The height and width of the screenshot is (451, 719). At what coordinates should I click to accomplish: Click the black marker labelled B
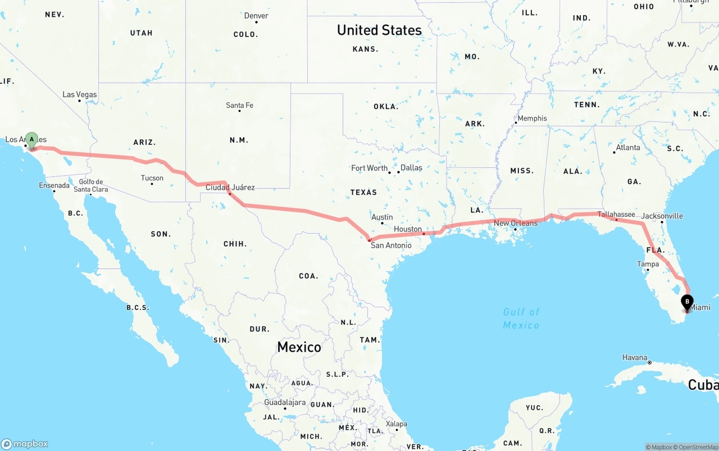click(x=686, y=302)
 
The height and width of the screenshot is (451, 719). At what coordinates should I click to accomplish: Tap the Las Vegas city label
click(x=79, y=94)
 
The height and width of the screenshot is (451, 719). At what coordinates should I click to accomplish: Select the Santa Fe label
click(x=239, y=105)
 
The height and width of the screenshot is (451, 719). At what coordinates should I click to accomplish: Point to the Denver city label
click(x=256, y=16)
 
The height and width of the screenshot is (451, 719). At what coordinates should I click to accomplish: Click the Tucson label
click(x=152, y=178)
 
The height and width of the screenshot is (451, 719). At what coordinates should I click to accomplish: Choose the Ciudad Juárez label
click(x=230, y=187)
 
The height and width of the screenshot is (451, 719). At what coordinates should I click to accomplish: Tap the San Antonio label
click(x=390, y=245)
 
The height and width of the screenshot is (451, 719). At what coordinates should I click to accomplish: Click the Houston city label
click(x=407, y=229)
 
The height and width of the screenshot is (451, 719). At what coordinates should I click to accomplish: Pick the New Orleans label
click(x=516, y=223)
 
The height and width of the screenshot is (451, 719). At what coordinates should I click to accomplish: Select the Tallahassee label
click(x=616, y=214)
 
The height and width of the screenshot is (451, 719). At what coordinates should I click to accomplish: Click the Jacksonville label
click(x=662, y=216)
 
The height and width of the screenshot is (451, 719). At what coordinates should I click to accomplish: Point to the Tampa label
click(x=648, y=264)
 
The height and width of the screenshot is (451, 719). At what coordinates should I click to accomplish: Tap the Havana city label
click(x=635, y=357)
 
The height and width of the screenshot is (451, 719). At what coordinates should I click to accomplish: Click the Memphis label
click(x=531, y=118)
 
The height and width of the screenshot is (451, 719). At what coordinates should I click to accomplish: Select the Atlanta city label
click(x=627, y=147)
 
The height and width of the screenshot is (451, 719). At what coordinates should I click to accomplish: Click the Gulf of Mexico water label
click(x=521, y=318)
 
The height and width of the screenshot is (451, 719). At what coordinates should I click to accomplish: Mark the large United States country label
click(x=379, y=30)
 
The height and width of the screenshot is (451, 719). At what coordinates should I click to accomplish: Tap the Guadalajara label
click(x=285, y=402)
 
